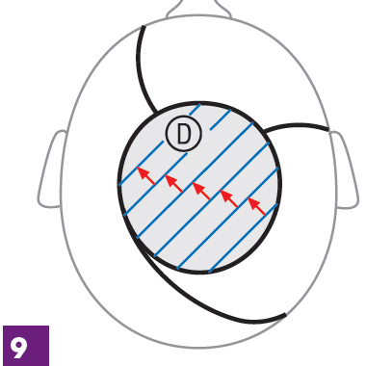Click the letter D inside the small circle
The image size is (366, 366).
(x=184, y=133)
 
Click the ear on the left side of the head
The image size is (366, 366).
(x=51, y=169)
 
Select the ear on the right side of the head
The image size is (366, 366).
(x=344, y=170)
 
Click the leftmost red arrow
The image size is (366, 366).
(x=146, y=175)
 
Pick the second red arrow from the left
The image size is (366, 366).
(x=173, y=183)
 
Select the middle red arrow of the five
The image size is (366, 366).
(x=201, y=191)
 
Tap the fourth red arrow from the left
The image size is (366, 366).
(x=228, y=198)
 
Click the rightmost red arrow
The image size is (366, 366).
(x=256, y=206)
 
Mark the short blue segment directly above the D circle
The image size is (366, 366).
(x=195, y=110)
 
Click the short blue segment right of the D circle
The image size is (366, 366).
(x=221, y=119)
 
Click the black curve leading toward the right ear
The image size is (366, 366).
(x=297, y=124)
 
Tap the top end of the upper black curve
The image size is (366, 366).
(x=144, y=26)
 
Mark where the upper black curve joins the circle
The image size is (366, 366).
(x=156, y=113)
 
